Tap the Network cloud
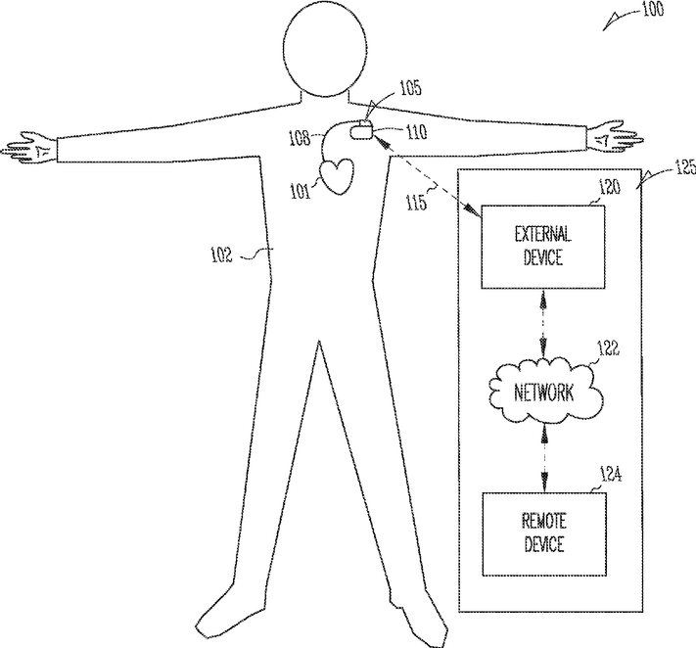click(543, 392)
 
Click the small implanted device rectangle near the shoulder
click(362, 130)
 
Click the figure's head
click(328, 49)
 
